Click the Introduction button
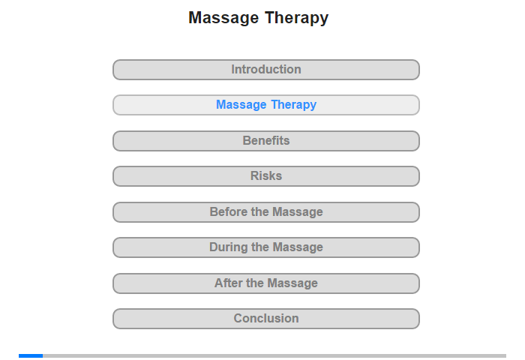pyautogui.click(x=266, y=70)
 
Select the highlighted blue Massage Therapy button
pyautogui.click(x=266, y=105)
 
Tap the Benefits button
pyautogui.click(x=266, y=141)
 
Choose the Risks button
pyautogui.click(x=266, y=176)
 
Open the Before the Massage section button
pyautogui.click(x=266, y=212)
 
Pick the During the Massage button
pyautogui.click(x=266, y=247)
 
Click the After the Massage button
pyautogui.click(x=266, y=283)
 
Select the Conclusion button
pyautogui.click(x=266, y=319)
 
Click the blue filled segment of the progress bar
pyautogui.click(x=31, y=355)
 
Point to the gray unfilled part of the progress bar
pyautogui.click(x=274, y=355)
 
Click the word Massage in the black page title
pyautogui.click(x=223, y=18)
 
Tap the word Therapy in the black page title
pyautogui.click(x=297, y=19)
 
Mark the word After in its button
pyautogui.click(x=229, y=283)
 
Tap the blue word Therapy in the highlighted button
pyautogui.click(x=294, y=105)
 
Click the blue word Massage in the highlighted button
pyautogui.click(x=241, y=105)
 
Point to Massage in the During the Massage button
pyautogui.click(x=298, y=247)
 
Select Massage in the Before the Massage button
pyautogui.click(x=298, y=212)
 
